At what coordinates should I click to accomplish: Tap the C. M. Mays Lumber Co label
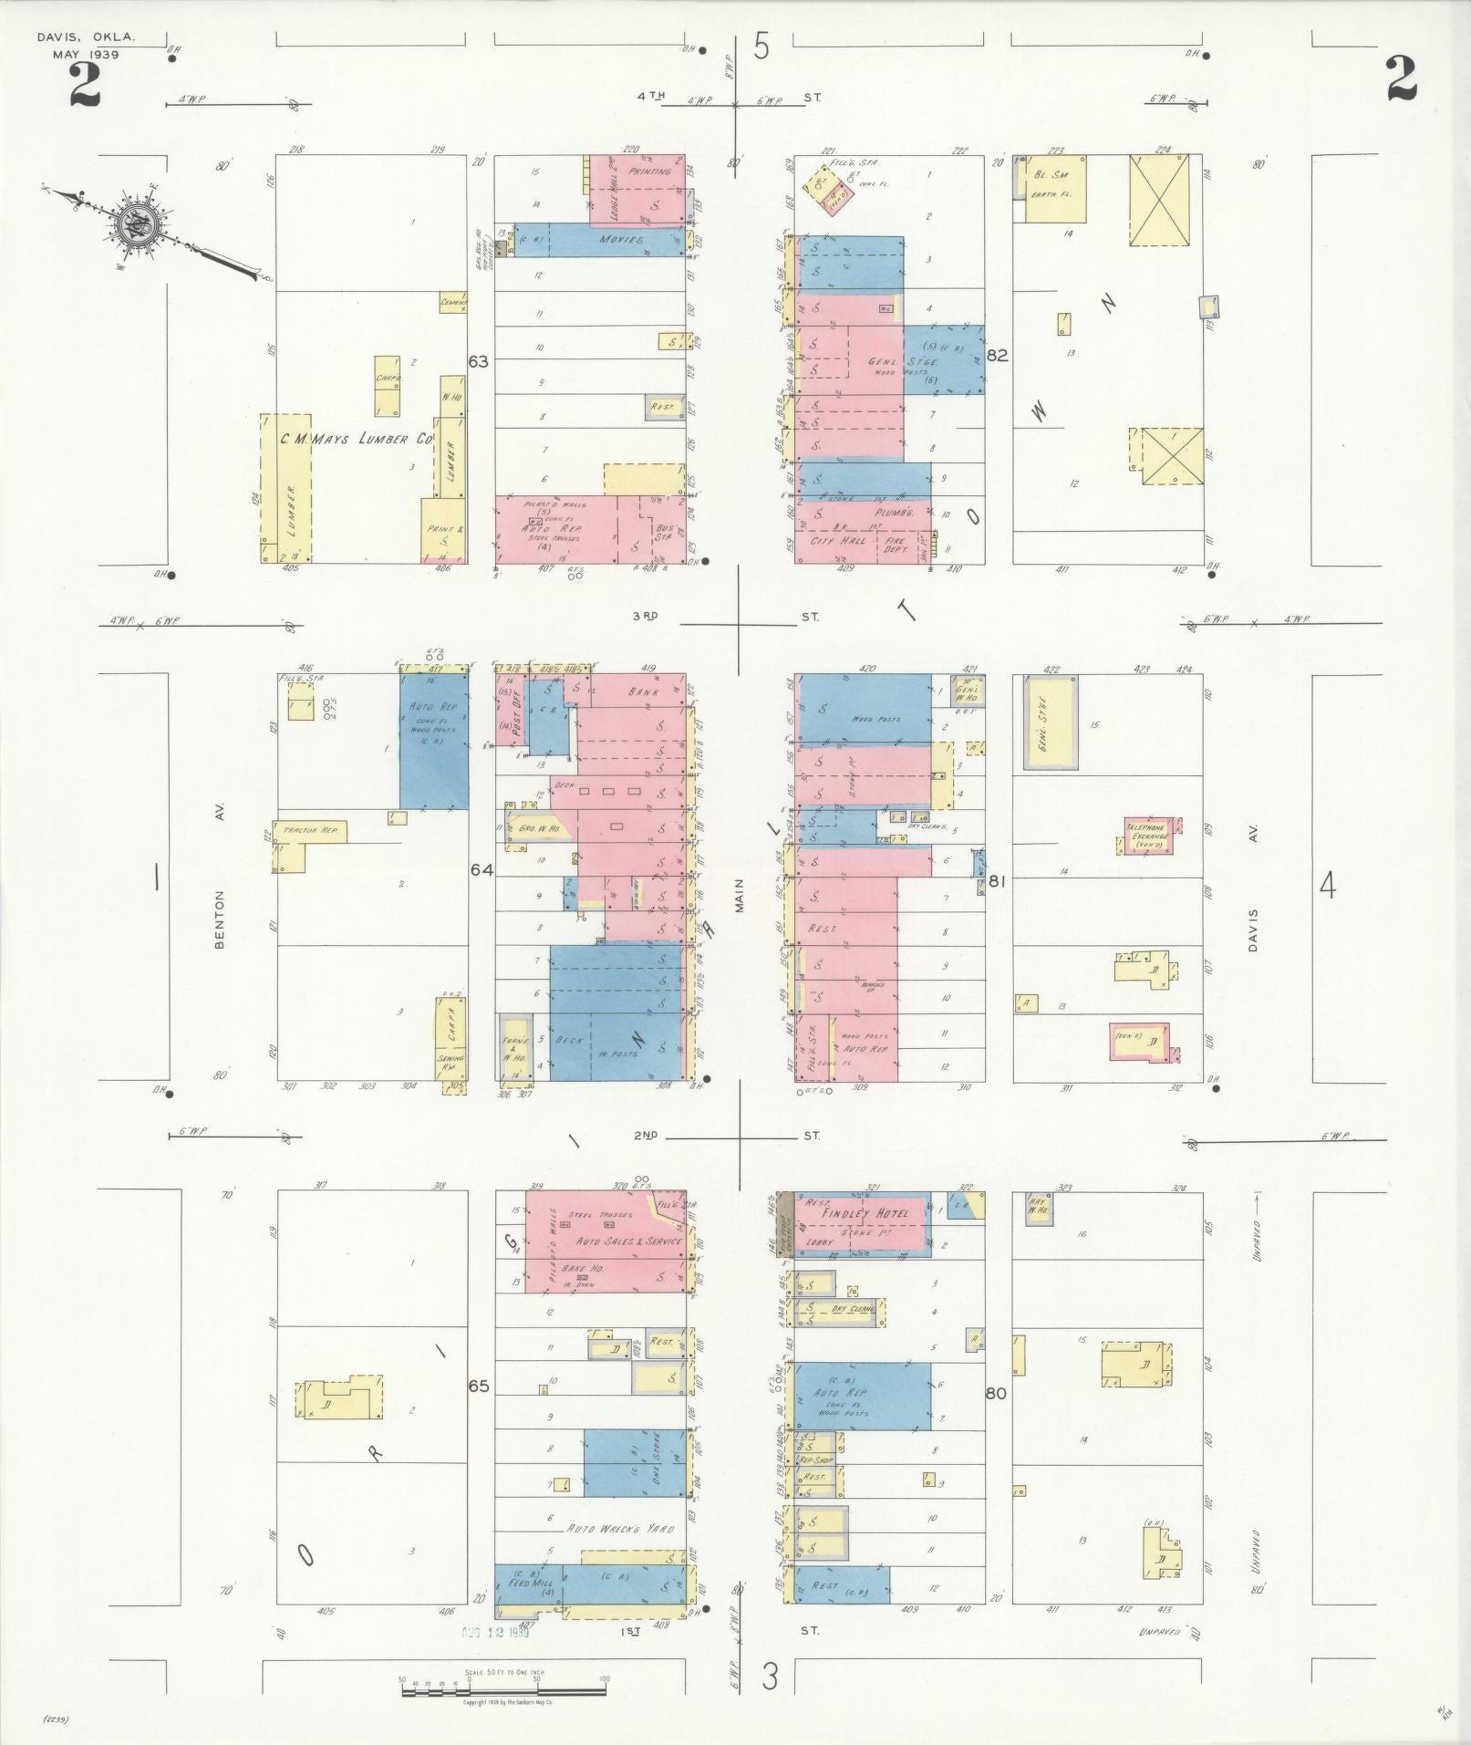(x=355, y=440)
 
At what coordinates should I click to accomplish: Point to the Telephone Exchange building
(x=1150, y=833)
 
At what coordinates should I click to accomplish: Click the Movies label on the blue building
(x=621, y=240)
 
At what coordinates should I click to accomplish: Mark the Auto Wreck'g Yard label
(x=620, y=1528)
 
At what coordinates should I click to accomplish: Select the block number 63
(x=478, y=361)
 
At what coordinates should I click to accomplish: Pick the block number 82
(x=997, y=356)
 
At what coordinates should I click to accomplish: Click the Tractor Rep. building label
(x=311, y=830)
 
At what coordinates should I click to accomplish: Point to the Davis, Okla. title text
(x=86, y=38)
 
